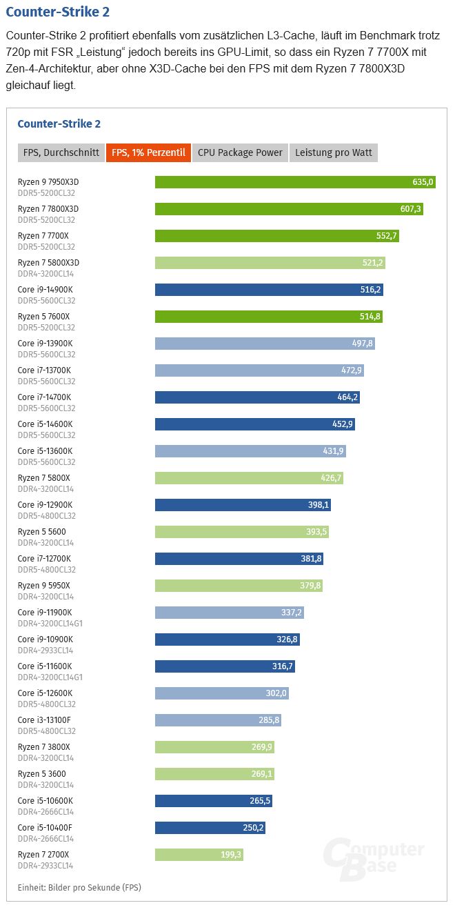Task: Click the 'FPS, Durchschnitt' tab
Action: click(x=61, y=152)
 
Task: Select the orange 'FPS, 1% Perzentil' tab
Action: click(x=148, y=152)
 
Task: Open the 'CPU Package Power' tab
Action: click(x=240, y=152)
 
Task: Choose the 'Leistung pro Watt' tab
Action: click(x=334, y=152)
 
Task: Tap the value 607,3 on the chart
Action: click(x=410, y=209)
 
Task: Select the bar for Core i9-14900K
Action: click(x=269, y=290)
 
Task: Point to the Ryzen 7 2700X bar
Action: click(x=199, y=855)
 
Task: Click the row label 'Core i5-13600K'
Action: click(x=45, y=451)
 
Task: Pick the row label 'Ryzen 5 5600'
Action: click(x=41, y=532)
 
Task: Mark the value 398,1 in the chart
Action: click(x=318, y=505)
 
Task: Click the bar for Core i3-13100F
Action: click(x=218, y=720)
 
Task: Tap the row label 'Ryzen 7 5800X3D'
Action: click(x=48, y=263)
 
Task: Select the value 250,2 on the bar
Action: click(x=252, y=828)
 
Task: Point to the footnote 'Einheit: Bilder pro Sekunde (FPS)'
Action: click(x=79, y=887)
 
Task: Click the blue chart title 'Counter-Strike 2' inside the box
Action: click(x=59, y=124)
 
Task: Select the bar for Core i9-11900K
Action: click(x=229, y=613)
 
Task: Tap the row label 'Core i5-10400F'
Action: click(x=45, y=828)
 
